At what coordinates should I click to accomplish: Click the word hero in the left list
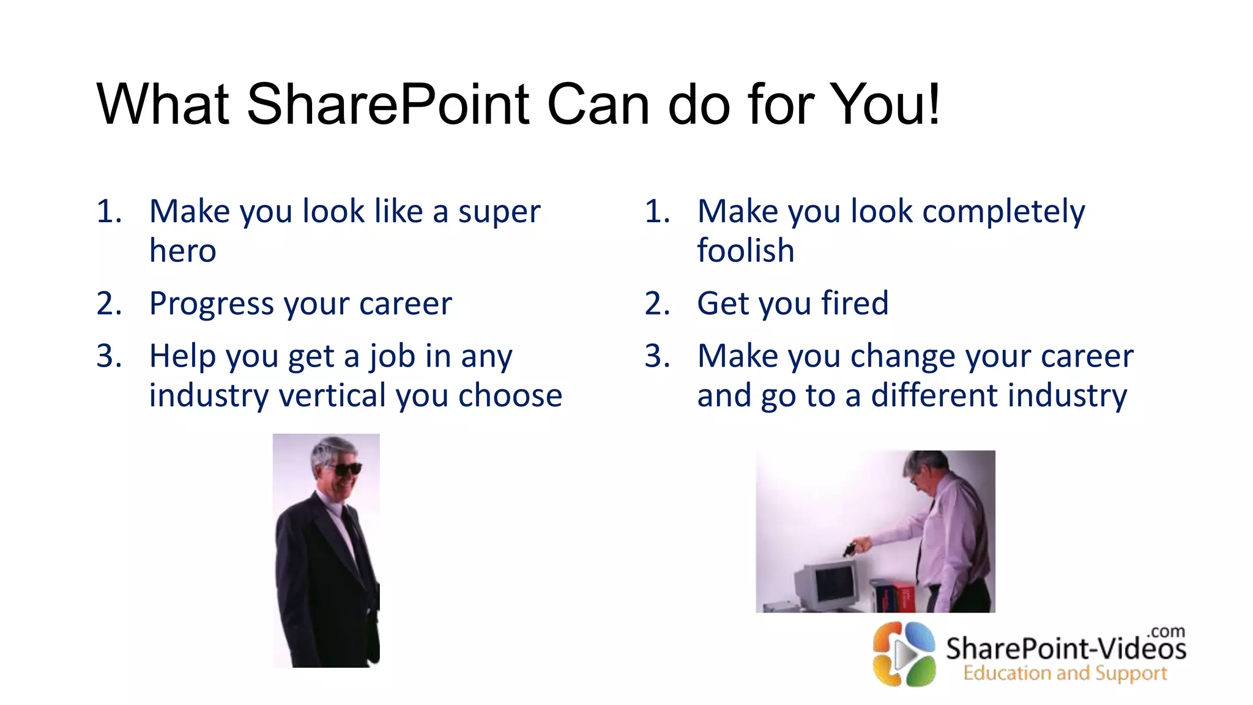pyautogui.click(x=182, y=251)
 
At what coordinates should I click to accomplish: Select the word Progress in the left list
pyautogui.click(x=212, y=304)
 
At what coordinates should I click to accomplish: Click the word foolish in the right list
pyautogui.click(x=745, y=251)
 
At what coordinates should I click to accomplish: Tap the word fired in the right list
pyautogui.click(x=854, y=304)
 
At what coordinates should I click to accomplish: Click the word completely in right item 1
pyautogui.click(x=1003, y=212)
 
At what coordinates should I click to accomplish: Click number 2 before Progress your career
pyautogui.click(x=108, y=304)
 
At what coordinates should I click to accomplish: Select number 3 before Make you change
pyautogui.click(x=656, y=356)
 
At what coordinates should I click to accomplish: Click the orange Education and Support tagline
pyautogui.click(x=1065, y=673)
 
